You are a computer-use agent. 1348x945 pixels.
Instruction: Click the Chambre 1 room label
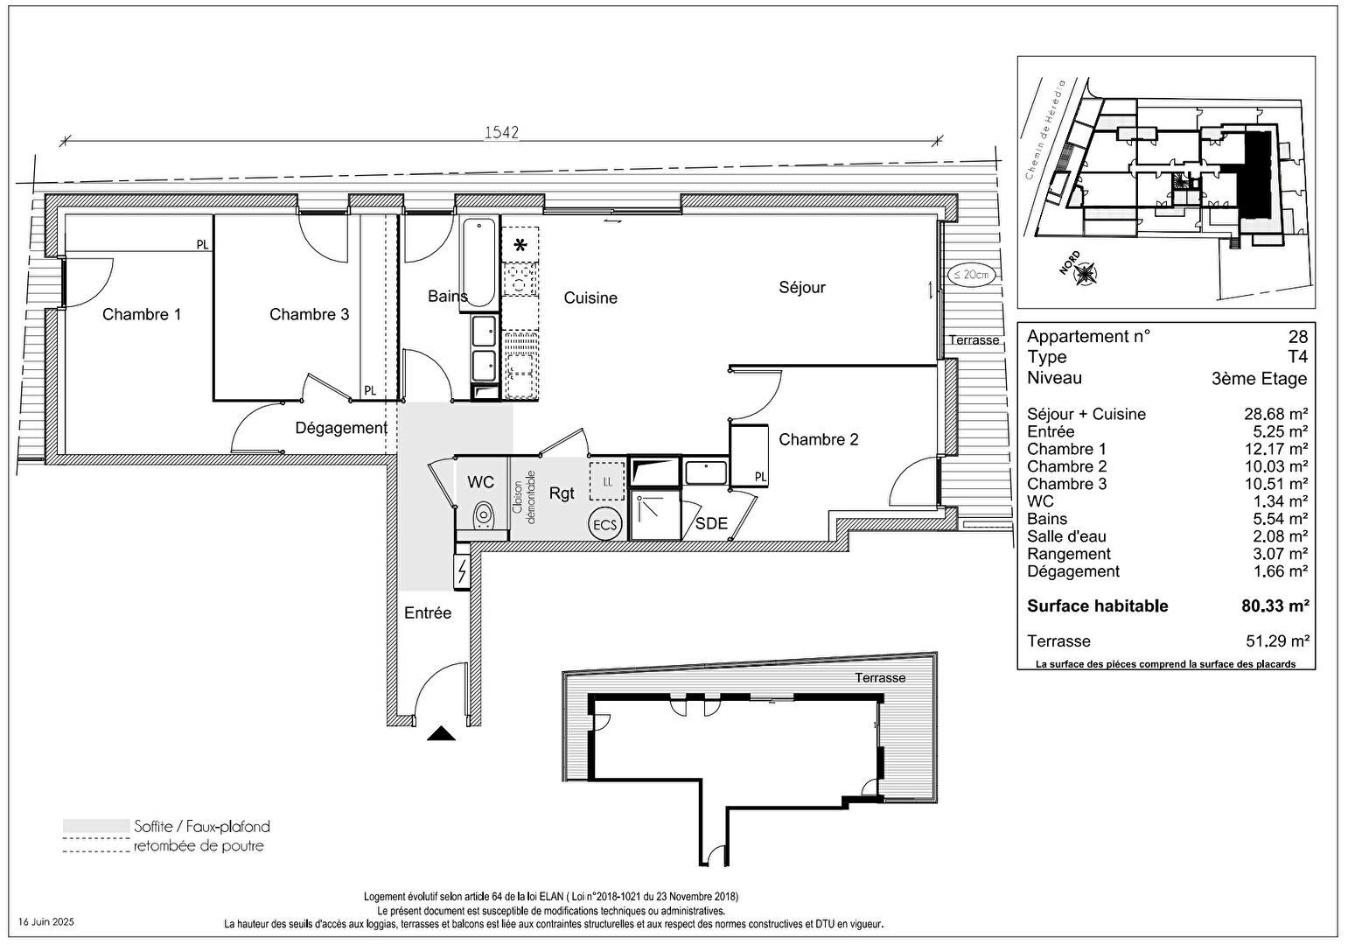(142, 314)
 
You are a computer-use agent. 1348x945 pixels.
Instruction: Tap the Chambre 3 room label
(309, 314)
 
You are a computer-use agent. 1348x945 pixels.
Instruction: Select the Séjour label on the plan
(801, 287)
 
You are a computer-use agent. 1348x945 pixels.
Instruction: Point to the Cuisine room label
(590, 298)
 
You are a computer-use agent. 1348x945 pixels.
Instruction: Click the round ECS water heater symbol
(604, 525)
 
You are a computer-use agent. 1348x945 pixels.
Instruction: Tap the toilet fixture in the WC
(482, 516)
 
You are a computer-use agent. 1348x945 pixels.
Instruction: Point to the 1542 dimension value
(502, 132)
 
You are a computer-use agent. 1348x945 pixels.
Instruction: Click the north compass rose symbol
(1086, 274)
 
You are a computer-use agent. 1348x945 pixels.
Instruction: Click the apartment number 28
(1297, 337)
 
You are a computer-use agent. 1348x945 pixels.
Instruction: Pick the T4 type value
(1297, 357)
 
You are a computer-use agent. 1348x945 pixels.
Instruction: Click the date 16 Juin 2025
(48, 922)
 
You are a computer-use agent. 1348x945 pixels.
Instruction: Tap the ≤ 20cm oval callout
(971, 274)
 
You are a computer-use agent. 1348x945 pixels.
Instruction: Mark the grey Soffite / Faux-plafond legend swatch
(95, 826)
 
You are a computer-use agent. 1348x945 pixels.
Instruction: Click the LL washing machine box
(607, 481)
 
